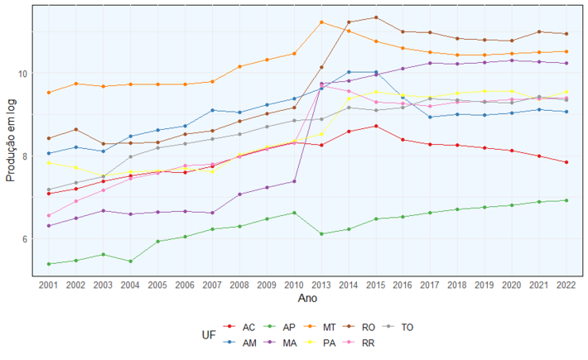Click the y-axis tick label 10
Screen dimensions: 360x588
pyautogui.click(x=22, y=74)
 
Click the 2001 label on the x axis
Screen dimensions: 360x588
pyautogui.click(x=49, y=284)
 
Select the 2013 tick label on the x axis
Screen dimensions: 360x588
pyautogui.click(x=321, y=284)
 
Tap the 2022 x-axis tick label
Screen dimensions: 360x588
pyautogui.click(x=566, y=284)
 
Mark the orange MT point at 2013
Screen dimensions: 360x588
pyautogui.click(x=321, y=22)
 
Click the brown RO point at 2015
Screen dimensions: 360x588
pyautogui.click(x=376, y=17)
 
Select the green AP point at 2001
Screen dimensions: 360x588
pyautogui.click(x=49, y=264)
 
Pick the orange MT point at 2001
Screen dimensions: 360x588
pyautogui.click(x=49, y=93)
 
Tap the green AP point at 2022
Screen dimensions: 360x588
pyautogui.click(x=566, y=200)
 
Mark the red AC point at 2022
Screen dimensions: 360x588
pyautogui.click(x=566, y=162)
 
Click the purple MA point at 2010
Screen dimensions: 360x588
pyautogui.click(x=294, y=181)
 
